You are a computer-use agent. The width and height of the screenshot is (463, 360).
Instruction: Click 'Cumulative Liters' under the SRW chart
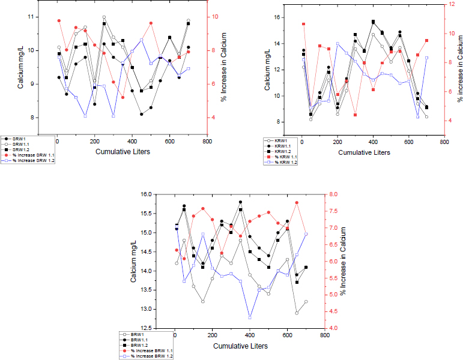(x=123, y=152)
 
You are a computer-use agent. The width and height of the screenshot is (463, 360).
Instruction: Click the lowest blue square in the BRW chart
(x=250, y=317)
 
